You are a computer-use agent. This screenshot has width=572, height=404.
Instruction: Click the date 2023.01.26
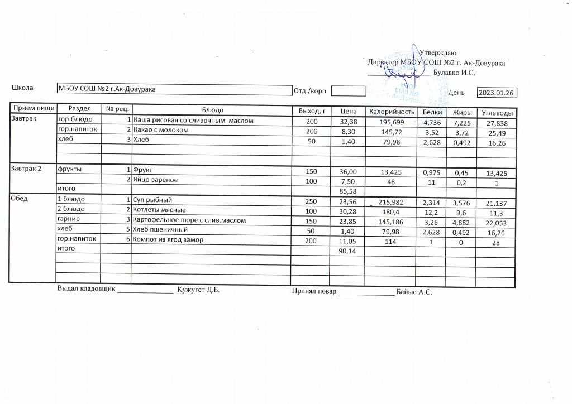(x=497, y=93)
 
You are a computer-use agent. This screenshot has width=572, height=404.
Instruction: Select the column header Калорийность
(x=391, y=112)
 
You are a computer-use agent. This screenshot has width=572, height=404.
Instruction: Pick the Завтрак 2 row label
(x=27, y=169)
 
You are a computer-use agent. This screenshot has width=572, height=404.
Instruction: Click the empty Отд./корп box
(x=347, y=91)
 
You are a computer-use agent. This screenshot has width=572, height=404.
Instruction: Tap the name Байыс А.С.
(x=414, y=291)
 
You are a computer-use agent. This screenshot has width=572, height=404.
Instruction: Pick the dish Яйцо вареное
(x=155, y=180)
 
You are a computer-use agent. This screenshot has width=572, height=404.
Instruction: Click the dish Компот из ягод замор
(x=168, y=239)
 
